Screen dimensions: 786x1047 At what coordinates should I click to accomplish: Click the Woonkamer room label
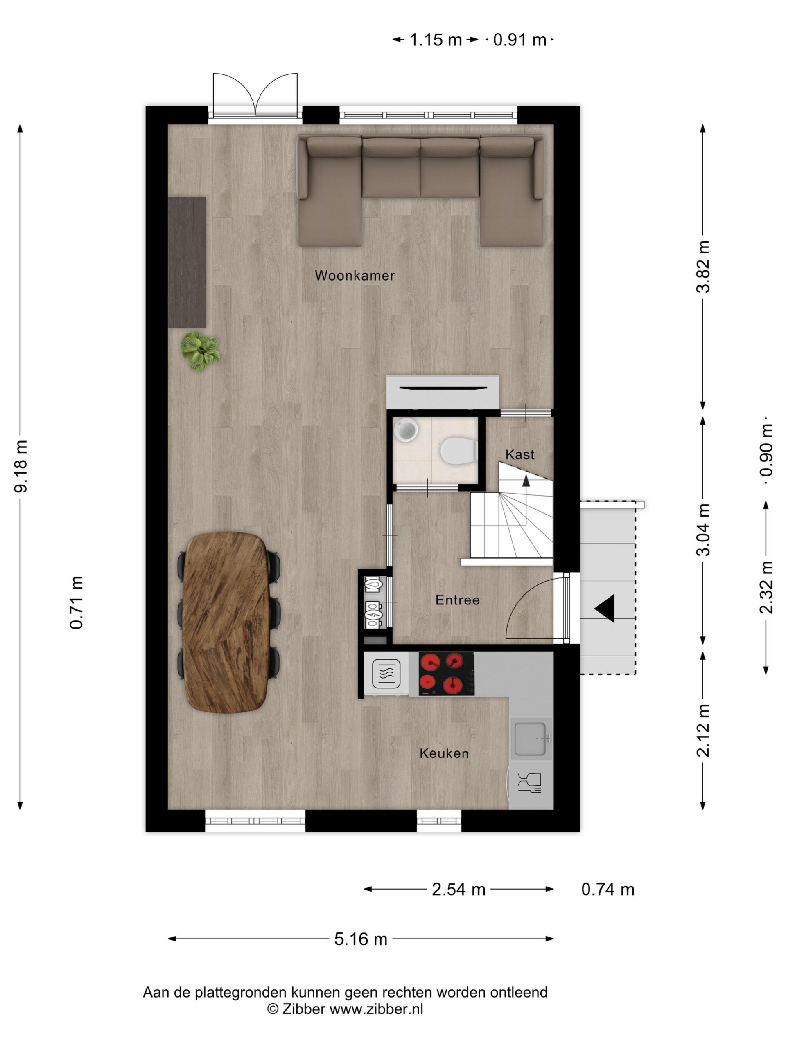[x=355, y=276]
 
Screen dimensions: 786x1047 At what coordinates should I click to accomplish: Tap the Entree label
[x=458, y=600]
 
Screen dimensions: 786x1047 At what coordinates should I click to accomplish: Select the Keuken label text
[x=444, y=753]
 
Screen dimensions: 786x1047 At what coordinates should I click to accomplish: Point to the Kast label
[x=520, y=455]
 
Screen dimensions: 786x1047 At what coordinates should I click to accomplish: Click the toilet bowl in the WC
[x=458, y=451]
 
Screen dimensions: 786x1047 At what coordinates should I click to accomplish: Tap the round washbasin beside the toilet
[x=406, y=430]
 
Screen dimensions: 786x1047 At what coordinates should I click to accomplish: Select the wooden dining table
[x=226, y=623]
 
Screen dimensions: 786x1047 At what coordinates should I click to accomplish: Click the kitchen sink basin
[x=531, y=739]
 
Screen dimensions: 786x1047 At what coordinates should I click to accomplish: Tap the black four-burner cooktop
[x=446, y=674]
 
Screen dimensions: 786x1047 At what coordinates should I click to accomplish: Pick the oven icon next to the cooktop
[x=386, y=674]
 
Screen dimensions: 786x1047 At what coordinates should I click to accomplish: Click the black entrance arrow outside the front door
[x=605, y=608]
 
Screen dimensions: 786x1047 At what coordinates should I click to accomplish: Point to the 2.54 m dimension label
[x=458, y=890]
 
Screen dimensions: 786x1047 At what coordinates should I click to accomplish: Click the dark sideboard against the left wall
[x=187, y=262]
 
